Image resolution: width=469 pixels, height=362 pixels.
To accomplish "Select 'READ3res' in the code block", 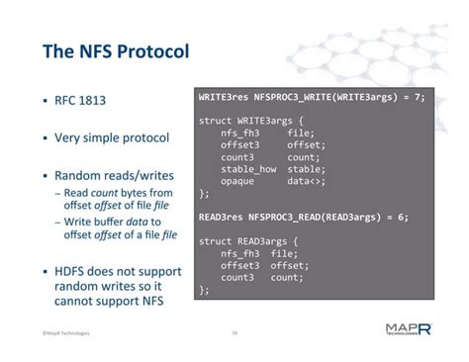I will tap(221, 217).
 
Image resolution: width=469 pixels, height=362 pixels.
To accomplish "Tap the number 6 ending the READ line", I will tap(410, 217).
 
